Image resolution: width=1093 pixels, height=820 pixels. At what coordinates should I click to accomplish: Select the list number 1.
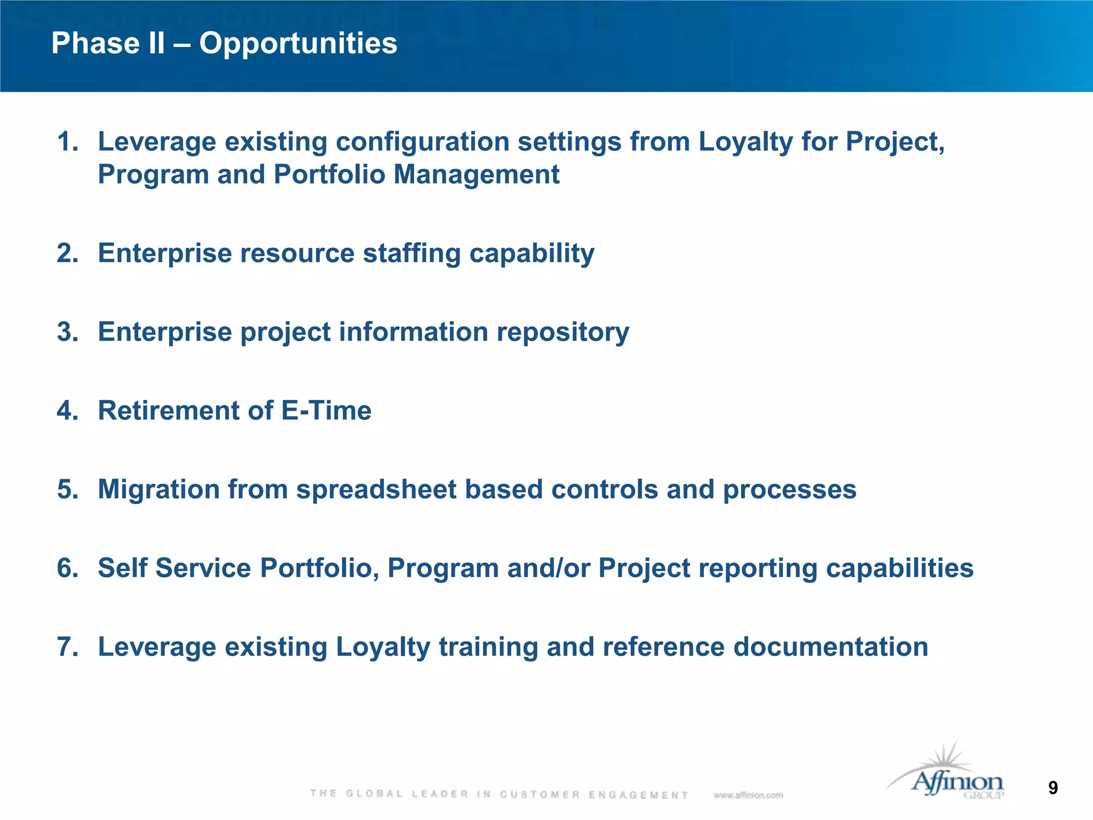(67, 142)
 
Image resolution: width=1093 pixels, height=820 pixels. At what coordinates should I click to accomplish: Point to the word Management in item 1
(476, 175)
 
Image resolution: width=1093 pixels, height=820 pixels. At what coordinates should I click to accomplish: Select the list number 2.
(67, 253)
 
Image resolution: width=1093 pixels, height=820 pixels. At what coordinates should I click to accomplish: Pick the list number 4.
(67, 411)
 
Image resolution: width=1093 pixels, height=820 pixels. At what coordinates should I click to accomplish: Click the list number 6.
(67, 568)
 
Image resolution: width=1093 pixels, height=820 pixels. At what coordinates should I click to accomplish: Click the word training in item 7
(488, 647)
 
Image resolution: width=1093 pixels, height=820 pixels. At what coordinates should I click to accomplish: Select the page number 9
(1052, 788)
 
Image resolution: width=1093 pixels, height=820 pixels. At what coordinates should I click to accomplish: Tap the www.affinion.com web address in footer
(748, 795)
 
